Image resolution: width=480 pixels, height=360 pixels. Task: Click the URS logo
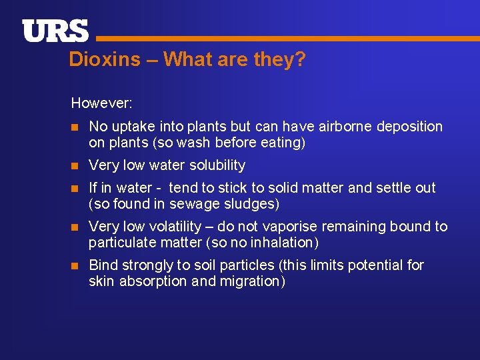55,31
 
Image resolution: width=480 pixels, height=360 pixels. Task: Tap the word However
101,103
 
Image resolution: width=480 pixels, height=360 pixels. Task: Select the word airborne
341,126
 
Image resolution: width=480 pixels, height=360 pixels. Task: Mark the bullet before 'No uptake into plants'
75,127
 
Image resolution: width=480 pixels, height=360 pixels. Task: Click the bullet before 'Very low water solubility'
75,165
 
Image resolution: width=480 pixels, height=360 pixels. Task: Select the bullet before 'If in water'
75,188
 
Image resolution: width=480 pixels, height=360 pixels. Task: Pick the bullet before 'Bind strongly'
75,265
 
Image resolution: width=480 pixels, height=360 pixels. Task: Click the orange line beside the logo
287,39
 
